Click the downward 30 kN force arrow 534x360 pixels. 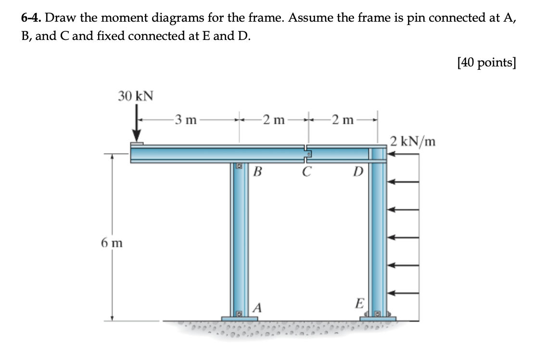(137, 128)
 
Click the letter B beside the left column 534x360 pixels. (257, 171)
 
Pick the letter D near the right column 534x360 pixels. (357, 171)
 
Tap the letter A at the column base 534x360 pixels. (258, 308)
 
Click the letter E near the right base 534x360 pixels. (358, 303)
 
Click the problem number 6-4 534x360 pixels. (32, 18)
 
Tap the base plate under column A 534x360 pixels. (240, 318)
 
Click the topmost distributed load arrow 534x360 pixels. (403, 154)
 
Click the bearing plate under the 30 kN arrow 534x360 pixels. (137, 144)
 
